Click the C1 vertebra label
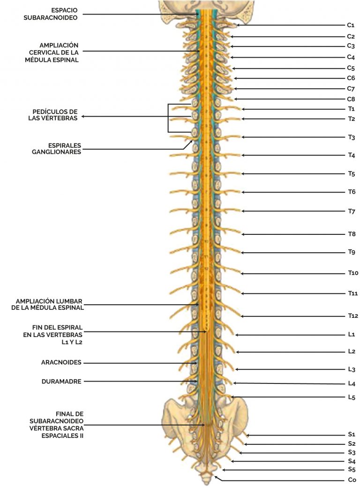351,25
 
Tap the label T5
352,174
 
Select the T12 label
353,316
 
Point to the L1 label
351,335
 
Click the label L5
352,398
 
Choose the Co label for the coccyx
352,480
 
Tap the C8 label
351,99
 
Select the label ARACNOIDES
61,362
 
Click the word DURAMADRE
61,382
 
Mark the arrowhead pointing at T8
243,234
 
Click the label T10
353,273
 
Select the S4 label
352,461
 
